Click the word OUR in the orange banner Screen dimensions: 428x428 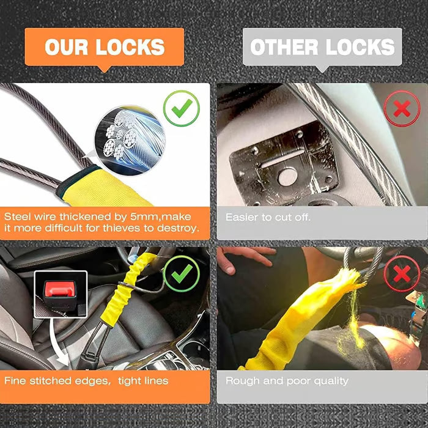(x=66, y=47)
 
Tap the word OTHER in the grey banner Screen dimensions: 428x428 (x=284, y=47)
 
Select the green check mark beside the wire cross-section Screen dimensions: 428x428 (x=182, y=108)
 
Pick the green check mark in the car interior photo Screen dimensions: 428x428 (x=182, y=273)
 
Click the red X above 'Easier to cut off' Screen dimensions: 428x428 (x=402, y=108)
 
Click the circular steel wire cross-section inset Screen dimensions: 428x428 (x=130, y=140)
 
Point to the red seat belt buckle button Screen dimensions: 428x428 (x=60, y=289)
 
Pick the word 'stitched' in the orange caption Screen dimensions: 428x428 (x=51, y=381)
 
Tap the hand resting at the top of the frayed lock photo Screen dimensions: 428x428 (x=245, y=259)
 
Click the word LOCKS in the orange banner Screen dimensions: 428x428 (x=130, y=47)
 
